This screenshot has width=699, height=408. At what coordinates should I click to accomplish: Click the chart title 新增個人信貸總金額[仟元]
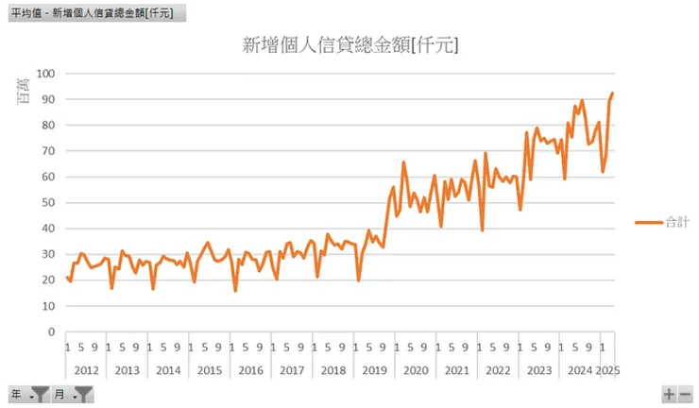click(x=350, y=45)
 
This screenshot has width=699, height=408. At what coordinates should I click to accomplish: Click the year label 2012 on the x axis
click(x=86, y=370)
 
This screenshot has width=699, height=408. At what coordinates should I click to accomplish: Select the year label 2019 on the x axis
click(x=376, y=370)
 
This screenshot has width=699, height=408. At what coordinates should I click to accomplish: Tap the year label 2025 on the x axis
click(x=607, y=370)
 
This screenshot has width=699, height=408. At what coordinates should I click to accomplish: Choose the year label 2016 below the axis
click(x=251, y=370)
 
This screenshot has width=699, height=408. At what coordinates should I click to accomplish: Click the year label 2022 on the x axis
click(x=500, y=370)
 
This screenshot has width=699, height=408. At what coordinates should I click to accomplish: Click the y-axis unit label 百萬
click(x=26, y=91)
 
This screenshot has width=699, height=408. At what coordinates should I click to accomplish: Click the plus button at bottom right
click(x=669, y=395)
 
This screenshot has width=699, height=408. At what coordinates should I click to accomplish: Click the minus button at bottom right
click(x=686, y=395)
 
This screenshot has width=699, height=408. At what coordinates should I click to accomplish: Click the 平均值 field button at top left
click(x=93, y=13)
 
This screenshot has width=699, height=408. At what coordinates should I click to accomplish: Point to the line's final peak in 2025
click(x=612, y=93)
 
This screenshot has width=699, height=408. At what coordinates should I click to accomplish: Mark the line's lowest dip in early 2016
click(x=235, y=291)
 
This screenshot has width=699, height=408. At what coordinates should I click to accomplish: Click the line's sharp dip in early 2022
click(x=483, y=230)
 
